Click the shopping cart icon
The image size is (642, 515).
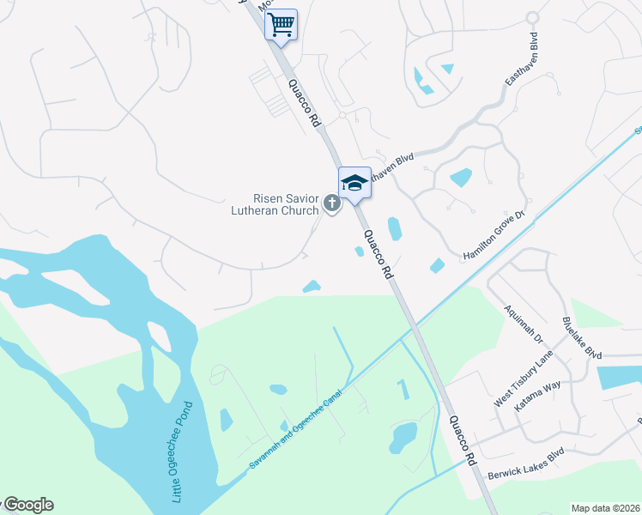point(281,25)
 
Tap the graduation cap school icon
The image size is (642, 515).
point(354,182)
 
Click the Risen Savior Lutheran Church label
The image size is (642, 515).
point(275,203)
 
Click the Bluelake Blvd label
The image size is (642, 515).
point(581,336)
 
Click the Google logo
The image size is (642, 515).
point(27,505)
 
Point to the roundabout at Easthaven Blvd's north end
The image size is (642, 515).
point(532,17)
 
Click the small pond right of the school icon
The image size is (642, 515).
point(394,228)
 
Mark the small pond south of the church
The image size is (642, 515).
point(312,286)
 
